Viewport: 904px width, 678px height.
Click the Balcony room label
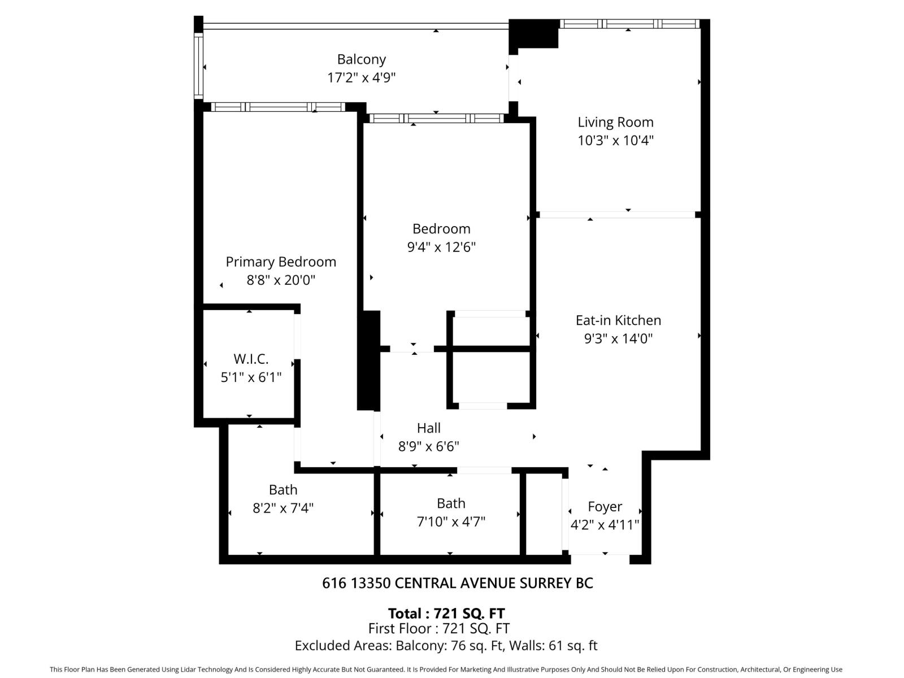(x=361, y=59)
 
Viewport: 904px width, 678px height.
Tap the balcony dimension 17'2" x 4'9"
(x=361, y=77)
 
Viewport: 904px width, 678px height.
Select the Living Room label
(x=615, y=122)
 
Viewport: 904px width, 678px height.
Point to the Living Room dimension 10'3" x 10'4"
(x=615, y=140)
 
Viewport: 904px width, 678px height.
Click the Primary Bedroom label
(x=281, y=262)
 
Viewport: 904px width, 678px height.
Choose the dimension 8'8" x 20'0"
(x=281, y=280)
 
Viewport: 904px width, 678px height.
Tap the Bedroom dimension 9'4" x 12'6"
(x=441, y=247)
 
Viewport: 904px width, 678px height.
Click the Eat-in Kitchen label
(x=618, y=320)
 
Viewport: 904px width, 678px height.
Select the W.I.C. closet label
(x=251, y=359)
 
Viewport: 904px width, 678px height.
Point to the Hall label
(x=429, y=428)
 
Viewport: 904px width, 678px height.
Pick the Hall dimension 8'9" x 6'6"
(x=429, y=446)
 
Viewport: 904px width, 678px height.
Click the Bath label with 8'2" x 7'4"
(x=283, y=490)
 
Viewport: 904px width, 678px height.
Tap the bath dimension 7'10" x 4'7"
(x=451, y=521)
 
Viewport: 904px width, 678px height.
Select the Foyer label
(x=605, y=507)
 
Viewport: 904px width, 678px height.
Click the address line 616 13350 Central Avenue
(x=458, y=583)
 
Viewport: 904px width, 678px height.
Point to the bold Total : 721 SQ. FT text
(x=446, y=614)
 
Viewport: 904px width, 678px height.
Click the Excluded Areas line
(x=446, y=645)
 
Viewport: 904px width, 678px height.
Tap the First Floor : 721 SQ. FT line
(x=439, y=628)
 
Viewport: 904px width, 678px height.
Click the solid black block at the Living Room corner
(x=533, y=34)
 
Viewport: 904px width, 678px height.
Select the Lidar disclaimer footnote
(x=446, y=670)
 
